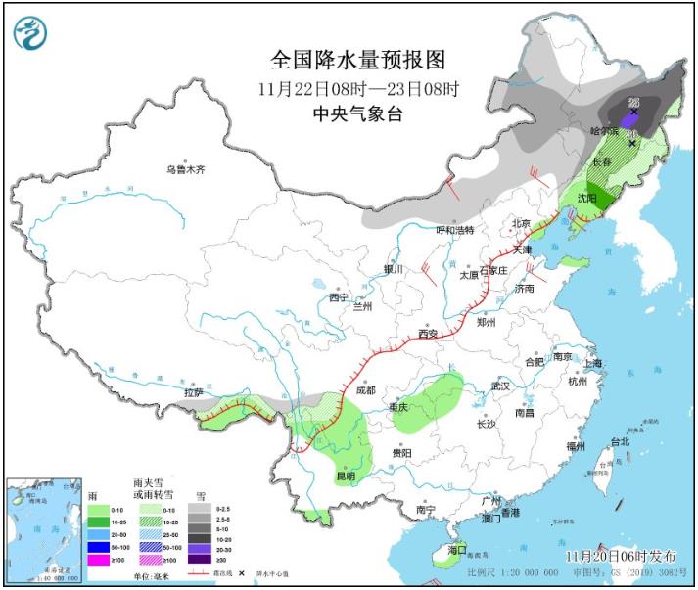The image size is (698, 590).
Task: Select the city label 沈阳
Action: (585, 197)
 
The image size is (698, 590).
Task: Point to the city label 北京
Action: (521, 224)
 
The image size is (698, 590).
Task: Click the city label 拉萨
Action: (194, 392)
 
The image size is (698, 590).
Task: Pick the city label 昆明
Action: (347, 476)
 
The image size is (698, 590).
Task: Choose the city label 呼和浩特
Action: (454, 230)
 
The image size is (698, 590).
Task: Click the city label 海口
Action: (457, 550)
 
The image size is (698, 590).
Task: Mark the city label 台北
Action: (619, 441)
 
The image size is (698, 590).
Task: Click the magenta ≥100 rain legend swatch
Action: (98, 559)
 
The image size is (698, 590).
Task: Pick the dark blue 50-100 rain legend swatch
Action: (98, 546)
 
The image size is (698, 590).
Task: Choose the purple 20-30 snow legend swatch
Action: (201, 546)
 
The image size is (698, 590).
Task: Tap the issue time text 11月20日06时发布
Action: (620, 556)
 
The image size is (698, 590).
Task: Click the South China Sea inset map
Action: (43, 528)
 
